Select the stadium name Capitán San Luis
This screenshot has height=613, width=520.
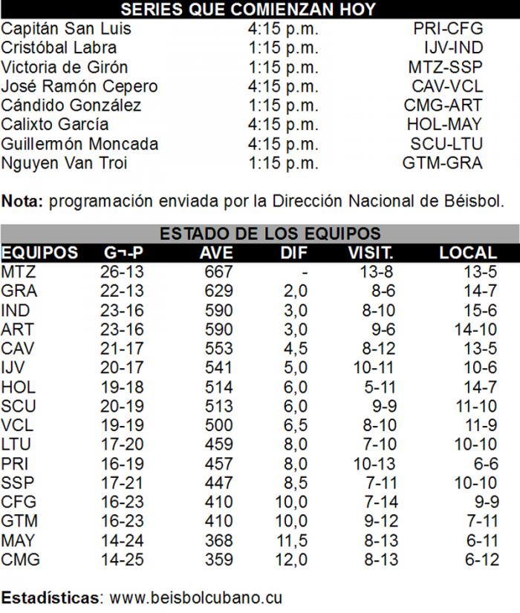pyautogui.click(x=66, y=29)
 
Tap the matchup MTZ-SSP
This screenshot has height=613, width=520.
pyautogui.click(x=446, y=68)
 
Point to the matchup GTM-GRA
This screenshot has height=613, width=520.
pyautogui.click(x=442, y=163)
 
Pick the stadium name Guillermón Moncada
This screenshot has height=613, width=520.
pyautogui.click(x=79, y=144)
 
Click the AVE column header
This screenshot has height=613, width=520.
pyautogui.click(x=217, y=253)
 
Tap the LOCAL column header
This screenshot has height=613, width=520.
pyautogui.click(x=467, y=253)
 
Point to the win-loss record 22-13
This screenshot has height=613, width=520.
pyautogui.click(x=122, y=291)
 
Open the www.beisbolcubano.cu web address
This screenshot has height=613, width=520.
pyautogui.click(x=195, y=597)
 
